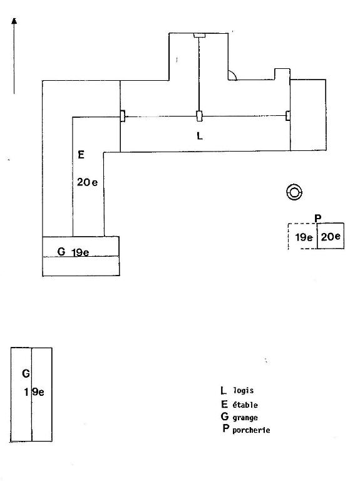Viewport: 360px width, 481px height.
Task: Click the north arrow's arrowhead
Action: (14, 21)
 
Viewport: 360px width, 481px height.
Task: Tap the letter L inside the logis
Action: (200, 135)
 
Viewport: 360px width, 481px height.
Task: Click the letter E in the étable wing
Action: (81, 155)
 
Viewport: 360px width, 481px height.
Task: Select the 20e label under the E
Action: (88, 182)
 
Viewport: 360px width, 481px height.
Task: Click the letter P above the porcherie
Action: (318, 219)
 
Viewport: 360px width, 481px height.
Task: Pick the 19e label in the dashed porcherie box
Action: (304, 237)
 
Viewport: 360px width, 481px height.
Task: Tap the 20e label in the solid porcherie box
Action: (331, 237)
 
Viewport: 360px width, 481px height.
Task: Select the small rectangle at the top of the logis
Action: (199, 35)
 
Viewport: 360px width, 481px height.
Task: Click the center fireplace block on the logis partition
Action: (199, 116)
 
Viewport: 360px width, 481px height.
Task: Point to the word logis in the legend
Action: (244, 391)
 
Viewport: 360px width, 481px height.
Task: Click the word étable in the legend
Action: (245, 405)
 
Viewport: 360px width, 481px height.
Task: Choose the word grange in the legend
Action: (245, 418)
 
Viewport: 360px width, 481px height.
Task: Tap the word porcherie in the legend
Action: (251, 430)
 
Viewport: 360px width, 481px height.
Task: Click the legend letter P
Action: (225, 428)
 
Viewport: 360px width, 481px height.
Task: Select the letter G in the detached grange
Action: (26, 374)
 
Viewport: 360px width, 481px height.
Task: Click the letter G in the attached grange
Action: (61, 252)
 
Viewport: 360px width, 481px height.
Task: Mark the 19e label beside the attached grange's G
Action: (80, 252)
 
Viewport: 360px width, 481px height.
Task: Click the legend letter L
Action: (224, 390)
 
